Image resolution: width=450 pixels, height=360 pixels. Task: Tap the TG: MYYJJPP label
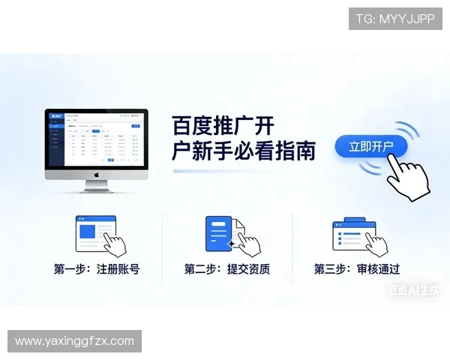[395, 19]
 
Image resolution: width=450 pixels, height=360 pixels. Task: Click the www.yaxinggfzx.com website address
[74, 341]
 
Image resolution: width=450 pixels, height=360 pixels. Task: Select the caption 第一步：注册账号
[96, 269]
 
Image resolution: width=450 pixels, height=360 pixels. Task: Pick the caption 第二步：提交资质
[226, 269]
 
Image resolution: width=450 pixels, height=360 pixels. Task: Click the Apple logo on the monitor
[96, 175]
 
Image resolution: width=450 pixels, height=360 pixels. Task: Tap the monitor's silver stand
[96, 186]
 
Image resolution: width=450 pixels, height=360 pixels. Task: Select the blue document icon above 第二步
[219, 232]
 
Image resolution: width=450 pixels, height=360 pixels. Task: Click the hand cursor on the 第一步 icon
[114, 243]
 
